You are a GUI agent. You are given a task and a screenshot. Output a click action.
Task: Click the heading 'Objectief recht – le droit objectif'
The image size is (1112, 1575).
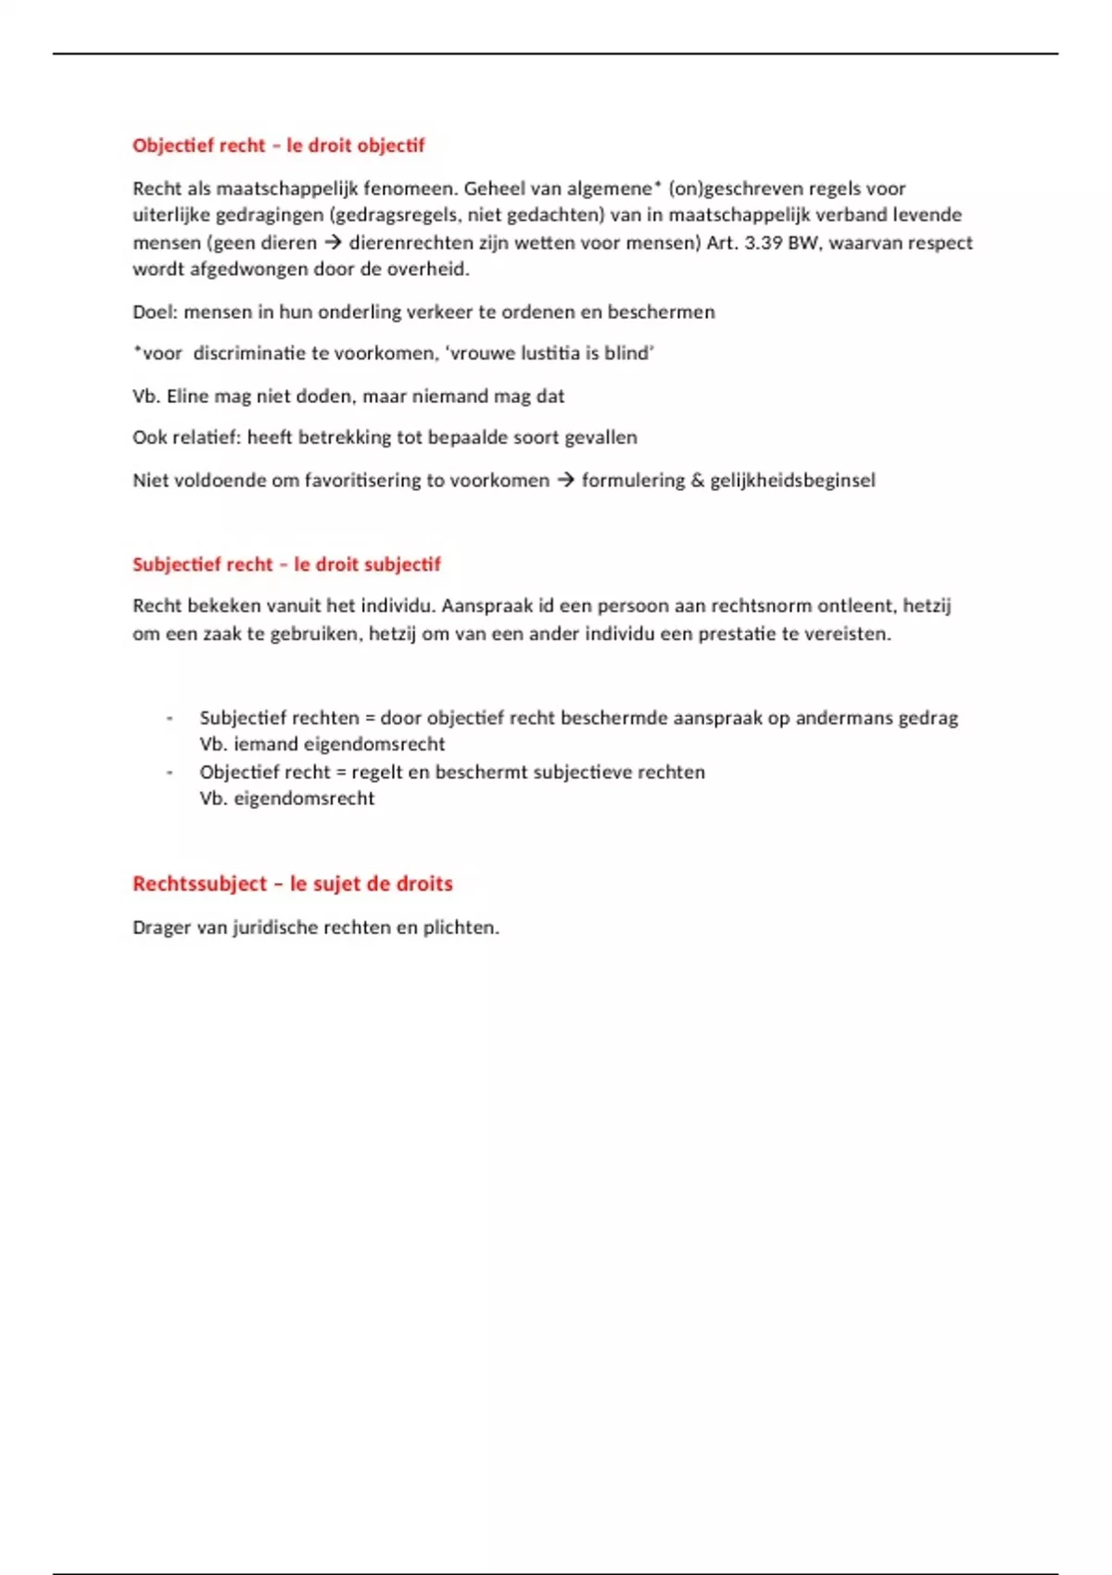click(278, 145)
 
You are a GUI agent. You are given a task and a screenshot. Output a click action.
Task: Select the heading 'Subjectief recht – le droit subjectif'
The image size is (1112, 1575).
click(286, 564)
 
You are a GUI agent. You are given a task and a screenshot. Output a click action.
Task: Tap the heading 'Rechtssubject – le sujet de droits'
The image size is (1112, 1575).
click(292, 884)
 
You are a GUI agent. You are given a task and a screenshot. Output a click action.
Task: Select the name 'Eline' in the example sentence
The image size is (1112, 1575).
click(188, 397)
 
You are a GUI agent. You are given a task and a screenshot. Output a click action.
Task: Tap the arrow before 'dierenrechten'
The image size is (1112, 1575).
click(333, 244)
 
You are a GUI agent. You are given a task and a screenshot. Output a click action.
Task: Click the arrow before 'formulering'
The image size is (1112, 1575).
click(565, 481)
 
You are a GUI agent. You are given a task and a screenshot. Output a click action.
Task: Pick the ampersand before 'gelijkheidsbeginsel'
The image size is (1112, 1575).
click(695, 481)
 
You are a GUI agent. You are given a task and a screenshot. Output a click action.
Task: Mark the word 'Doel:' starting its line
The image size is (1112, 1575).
click(155, 312)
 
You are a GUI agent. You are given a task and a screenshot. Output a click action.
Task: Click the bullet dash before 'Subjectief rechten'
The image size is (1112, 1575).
click(170, 719)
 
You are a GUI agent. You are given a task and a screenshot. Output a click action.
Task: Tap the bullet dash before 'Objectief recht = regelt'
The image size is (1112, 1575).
click(170, 773)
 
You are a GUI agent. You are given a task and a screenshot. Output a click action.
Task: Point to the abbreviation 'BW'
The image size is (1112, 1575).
click(802, 244)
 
